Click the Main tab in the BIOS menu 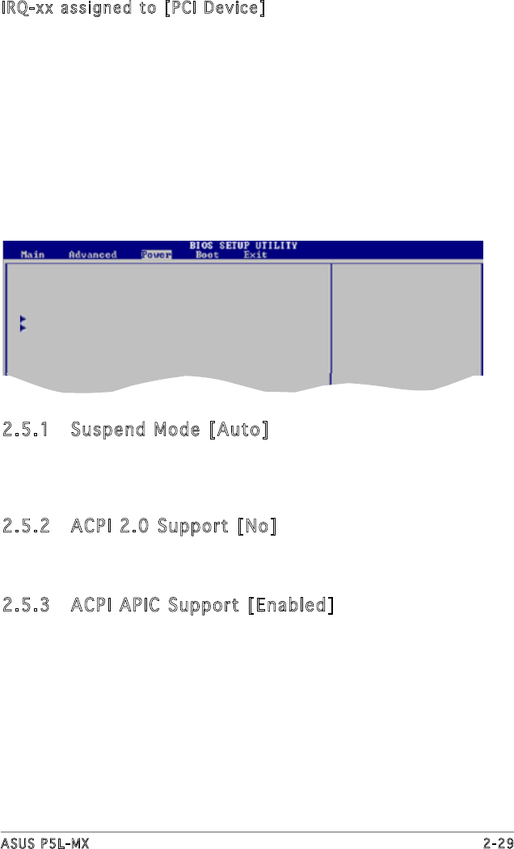pyautogui.click(x=32, y=255)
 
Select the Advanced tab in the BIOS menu pyautogui.click(x=92, y=255)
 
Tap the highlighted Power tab pyautogui.click(x=155, y=255)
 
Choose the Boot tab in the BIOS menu pyautogui.click(x=207, y=255)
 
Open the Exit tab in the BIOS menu pyautogui.click(x=255, y=255)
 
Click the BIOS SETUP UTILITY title pyautogui.click(x=243, y=246)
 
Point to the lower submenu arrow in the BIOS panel pyautogui.click(x=23, y=329)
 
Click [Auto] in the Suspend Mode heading pyautogui.click(x=238, y=429)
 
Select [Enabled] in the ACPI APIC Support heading pyautogui.click(x=291, y=604)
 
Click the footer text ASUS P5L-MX pyautogui.click(x=44, y=843)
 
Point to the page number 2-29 pyautogui.click(x=498, y=843)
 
